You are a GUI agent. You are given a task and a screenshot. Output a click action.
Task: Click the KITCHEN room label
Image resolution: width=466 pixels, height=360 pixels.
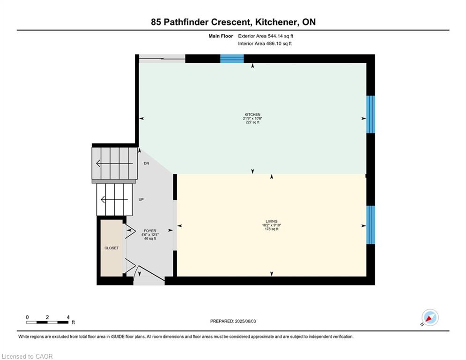tap(252, 114)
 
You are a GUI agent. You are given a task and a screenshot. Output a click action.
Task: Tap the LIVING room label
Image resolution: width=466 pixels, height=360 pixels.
tap(271, 221)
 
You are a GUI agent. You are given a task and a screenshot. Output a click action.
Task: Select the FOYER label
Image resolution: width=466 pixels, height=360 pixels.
tap(150, 231)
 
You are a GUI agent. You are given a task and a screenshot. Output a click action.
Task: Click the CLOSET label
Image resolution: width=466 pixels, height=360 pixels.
tap(111, 248)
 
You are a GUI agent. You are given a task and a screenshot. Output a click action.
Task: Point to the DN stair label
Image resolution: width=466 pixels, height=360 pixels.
tap(146, 163)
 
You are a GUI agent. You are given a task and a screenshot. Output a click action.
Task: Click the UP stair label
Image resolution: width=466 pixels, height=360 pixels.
tap(141, 200)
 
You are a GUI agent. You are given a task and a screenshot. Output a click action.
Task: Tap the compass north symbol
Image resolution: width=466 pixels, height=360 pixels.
tap(430, 318)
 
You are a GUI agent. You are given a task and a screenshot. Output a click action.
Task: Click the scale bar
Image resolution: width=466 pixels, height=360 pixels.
tap(48, 322)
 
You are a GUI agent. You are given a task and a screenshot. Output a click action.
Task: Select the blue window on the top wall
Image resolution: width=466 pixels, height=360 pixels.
tap(232, 59)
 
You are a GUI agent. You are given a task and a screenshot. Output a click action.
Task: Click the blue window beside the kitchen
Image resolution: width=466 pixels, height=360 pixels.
tap(370, 114)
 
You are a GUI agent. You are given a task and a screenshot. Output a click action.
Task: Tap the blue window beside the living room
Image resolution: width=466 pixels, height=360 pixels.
tap(370, 225)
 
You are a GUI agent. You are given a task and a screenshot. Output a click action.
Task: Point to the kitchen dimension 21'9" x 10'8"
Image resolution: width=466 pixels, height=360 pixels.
tap(252, 119)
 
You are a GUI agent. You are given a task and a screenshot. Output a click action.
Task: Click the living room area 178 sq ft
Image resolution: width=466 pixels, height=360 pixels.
tap(271, 229)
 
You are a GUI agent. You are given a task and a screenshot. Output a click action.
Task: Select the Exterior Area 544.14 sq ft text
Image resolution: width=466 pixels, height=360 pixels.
tap(266, 36)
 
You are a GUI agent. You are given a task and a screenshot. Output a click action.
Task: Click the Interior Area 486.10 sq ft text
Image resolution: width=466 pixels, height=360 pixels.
tap(265, 44)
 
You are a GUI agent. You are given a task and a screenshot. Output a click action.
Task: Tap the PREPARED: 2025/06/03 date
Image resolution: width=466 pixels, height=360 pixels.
tap(233, 321)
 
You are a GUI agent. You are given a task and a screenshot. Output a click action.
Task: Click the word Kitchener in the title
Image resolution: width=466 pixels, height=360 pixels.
tap(276, 22)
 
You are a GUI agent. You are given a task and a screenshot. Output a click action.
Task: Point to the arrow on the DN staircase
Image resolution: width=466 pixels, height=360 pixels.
tap(114, 163)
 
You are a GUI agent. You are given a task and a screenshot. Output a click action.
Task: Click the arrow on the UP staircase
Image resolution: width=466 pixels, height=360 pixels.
tap(114, 199)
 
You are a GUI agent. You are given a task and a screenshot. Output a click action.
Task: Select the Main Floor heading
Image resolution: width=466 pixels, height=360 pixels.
tap(221, 36)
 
